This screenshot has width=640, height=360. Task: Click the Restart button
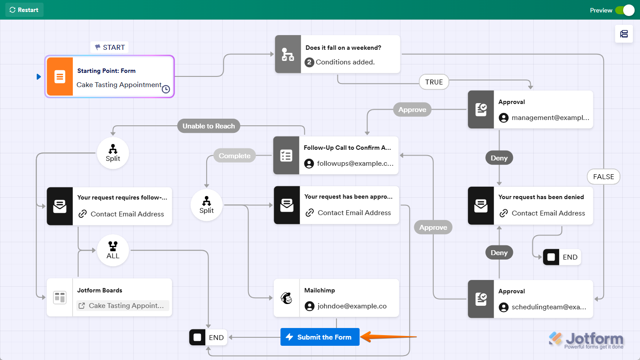coord(24,10)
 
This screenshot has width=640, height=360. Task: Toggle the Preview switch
coord(625,10)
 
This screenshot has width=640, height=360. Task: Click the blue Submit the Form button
coord(320,337)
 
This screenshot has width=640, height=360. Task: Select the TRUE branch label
coord(434,82)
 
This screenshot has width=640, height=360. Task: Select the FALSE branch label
coord(603,176)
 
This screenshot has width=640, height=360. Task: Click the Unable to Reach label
coord(208,126)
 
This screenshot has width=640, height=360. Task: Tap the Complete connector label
coord(234,156)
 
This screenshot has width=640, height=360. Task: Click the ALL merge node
coord(113,251)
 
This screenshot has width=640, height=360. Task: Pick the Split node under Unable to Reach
coord(113,153)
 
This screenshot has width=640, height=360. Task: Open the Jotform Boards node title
coord(100,290)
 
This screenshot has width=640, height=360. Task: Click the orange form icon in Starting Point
coord(60,76)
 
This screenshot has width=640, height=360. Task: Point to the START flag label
coord(110,47)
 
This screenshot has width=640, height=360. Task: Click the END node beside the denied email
coord(562,257)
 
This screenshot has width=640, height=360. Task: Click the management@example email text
coord(550,118)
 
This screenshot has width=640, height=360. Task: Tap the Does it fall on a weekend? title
coord(343,48)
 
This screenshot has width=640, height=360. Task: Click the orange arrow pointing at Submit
coord(387,337)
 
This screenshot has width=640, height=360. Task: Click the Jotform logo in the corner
coord(587,340)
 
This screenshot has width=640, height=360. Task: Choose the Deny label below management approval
coord(499,158)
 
